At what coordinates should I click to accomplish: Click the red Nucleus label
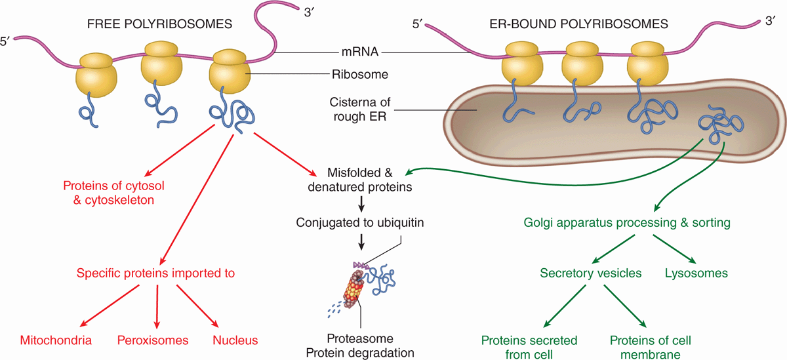point(235,340)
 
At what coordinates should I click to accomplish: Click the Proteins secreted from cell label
point(529,347)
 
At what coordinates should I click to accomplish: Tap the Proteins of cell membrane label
point(650,347)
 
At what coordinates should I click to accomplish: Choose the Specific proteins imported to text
point(155,272)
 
